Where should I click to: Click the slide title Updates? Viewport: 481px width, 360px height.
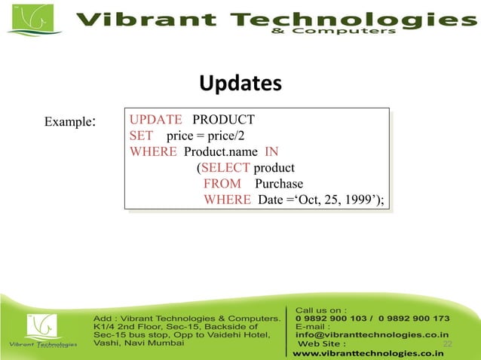[240, 83]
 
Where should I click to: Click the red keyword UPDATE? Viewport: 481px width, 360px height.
[155, 119]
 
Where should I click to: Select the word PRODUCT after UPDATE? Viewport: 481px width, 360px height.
[223, 119]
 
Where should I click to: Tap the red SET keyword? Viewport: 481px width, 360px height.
[141, 136]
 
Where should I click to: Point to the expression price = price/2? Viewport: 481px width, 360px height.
[205, 136]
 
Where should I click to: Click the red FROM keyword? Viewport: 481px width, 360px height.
[222, 184]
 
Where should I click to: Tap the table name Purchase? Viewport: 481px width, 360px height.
[278, 184]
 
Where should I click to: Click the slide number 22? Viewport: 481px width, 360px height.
[448, 344]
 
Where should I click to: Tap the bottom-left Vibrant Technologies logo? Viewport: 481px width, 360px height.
[41, 331]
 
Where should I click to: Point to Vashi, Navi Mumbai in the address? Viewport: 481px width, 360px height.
[138, 343]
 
